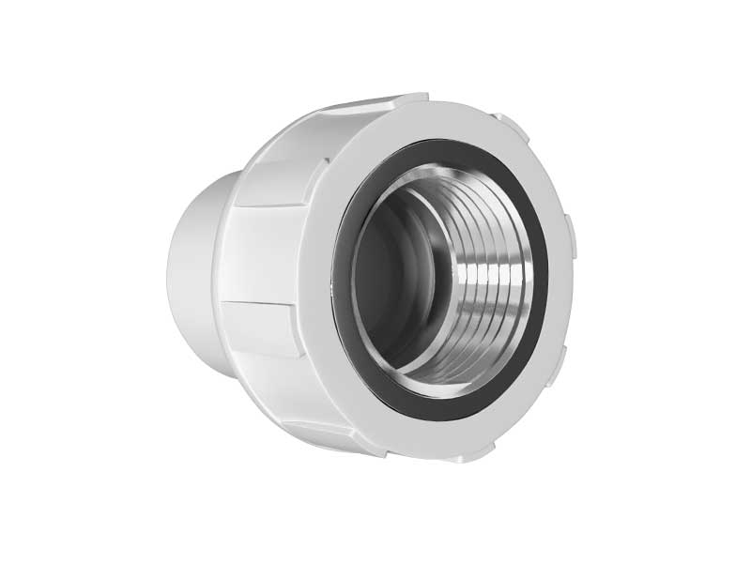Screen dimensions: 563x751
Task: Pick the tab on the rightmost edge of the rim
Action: [569, 229]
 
